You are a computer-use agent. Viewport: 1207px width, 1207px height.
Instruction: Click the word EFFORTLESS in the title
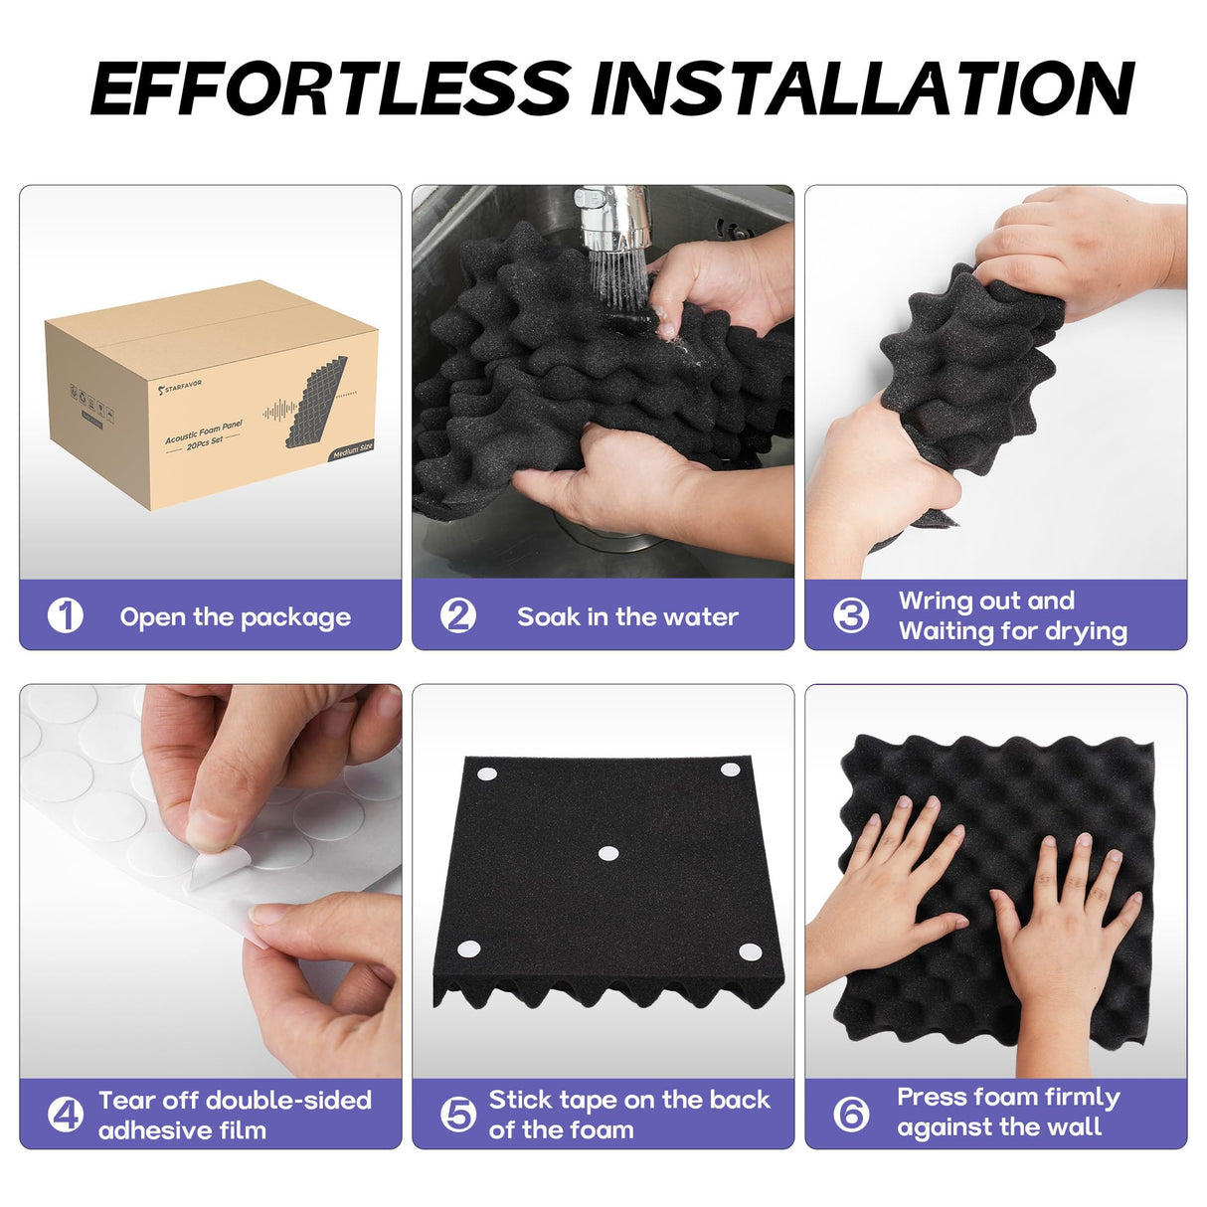click(331, 87)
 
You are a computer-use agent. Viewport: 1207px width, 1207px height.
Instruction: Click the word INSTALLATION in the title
click(861, 87)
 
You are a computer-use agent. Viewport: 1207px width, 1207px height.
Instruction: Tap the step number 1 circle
click(66, 615)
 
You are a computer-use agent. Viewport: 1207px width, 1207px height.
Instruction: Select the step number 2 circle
click(458, 615)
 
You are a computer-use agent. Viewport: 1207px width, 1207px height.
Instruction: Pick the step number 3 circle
click(851, 615)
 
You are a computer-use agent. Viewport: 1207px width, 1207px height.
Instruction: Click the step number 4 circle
click(66, 1115)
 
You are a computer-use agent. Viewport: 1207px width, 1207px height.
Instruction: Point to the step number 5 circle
click(458, 1115)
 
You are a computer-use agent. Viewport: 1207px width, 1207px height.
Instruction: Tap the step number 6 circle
click(851, 1115)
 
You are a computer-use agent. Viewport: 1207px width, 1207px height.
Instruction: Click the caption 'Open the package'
click(235, 617)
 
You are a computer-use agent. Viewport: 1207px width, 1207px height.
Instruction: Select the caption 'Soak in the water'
click(627, 617)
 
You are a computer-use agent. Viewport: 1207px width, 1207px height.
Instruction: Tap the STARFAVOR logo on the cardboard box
click(180, 385)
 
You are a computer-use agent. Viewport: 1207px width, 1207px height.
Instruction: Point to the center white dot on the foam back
click(607, 853)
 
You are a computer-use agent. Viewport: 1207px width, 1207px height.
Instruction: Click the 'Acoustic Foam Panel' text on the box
click(204, 431)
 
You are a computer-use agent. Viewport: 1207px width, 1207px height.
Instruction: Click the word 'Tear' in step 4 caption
click(126, 1100)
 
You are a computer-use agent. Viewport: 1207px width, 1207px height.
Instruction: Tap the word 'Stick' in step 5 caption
click(519, 1100)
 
